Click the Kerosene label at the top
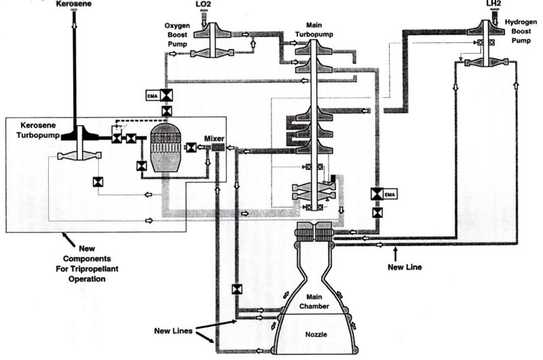coord(73,4)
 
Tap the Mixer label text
coord(219,135)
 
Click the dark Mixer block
coord(218,147)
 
